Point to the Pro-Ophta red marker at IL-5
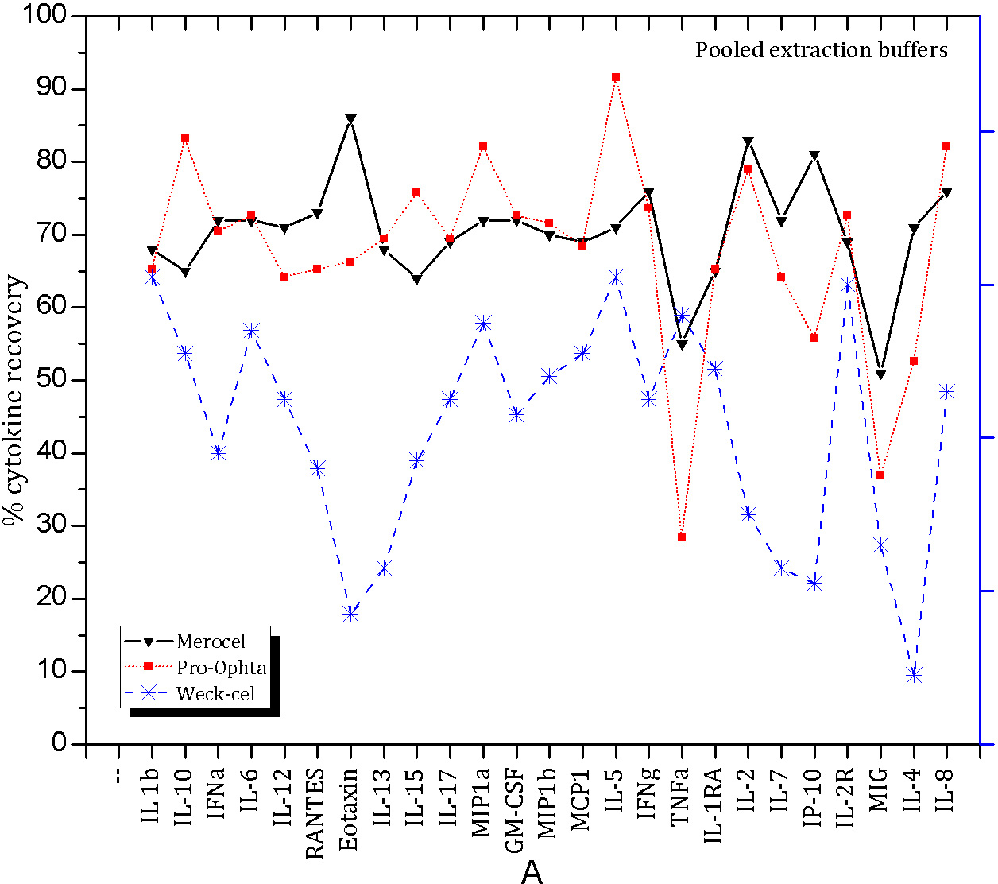point(616,77)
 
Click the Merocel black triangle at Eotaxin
point(350,119)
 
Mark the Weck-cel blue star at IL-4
point(914,675)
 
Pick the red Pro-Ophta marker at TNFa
point(682,537)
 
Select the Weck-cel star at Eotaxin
point(350,613)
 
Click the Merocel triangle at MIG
point(880,374)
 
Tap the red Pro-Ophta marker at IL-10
point(185,138)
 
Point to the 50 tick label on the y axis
point(52,379)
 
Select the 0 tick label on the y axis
point(60,743)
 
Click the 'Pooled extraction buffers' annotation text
point(822,50)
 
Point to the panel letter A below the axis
point(532,872)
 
